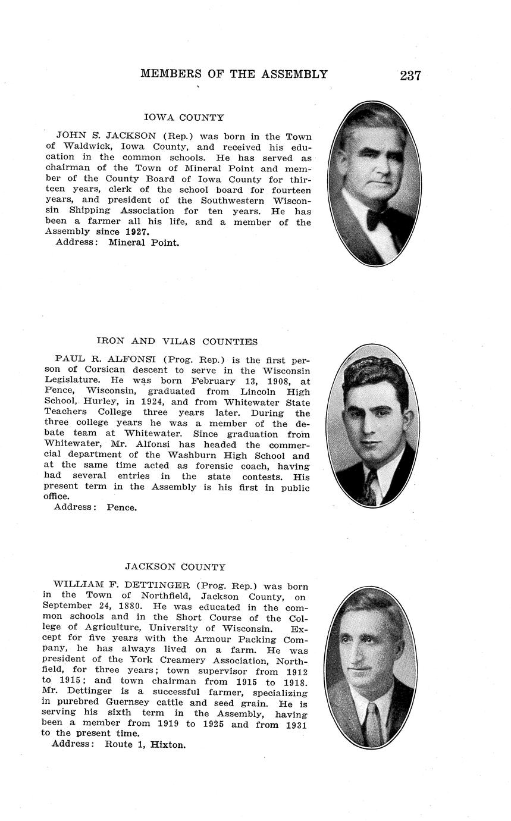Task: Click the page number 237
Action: [410, 75]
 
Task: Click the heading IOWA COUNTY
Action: [184, 118]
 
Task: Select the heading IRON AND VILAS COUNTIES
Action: [177, 341]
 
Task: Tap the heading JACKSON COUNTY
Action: [175, 567]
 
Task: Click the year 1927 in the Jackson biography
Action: [137, 231]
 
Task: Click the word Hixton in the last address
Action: [168, 744]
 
